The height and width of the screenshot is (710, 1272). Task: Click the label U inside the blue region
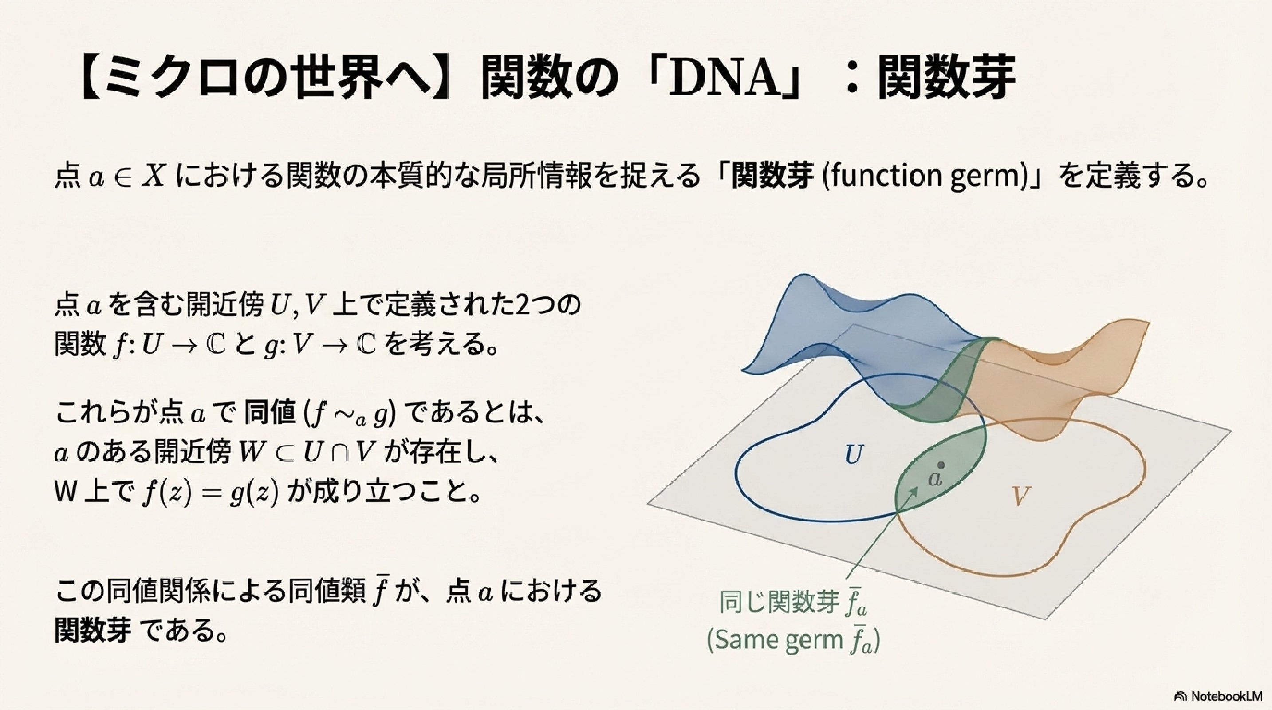pyautogui.click(x=854, y=455)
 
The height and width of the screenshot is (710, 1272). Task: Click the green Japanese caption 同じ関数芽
pyautogui.click(x=780, y=602)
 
